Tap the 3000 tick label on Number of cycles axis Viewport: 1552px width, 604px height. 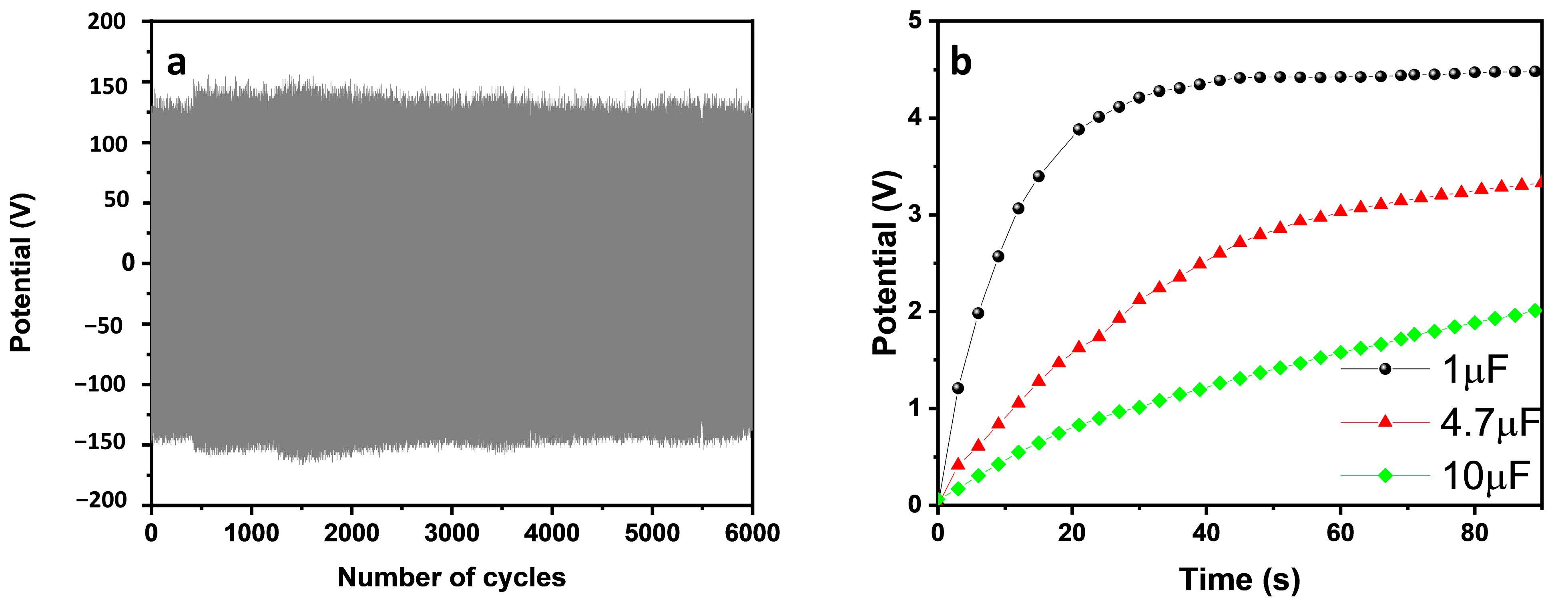451,533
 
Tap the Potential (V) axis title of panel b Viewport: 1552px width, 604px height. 885,263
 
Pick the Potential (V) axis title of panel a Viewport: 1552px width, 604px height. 21,272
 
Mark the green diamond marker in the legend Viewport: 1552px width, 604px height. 1385,476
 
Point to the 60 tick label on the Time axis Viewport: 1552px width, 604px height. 1340,533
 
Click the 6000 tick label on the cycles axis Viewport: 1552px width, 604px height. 752,533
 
